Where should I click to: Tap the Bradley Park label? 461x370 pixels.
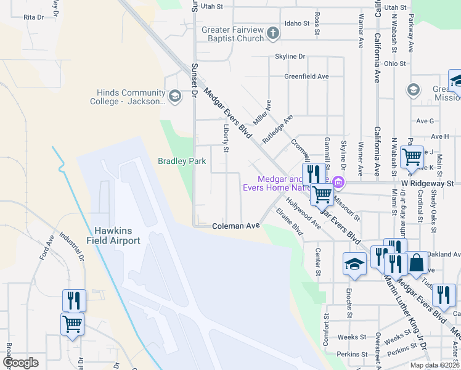182,162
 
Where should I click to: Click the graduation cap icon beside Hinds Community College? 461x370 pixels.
175,96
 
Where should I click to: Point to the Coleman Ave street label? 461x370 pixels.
236,226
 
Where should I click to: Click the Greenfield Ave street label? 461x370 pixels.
306,76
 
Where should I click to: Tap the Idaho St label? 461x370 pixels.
296,23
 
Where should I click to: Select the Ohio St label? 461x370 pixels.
394,64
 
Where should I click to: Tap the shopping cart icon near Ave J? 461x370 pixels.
411,157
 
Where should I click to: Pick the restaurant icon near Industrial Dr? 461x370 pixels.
74,300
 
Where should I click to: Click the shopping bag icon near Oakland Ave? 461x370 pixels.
417,262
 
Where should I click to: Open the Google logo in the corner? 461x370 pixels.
20,363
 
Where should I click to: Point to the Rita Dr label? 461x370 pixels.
33,17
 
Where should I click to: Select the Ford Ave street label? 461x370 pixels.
47,247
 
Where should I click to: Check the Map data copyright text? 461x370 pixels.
434,365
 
